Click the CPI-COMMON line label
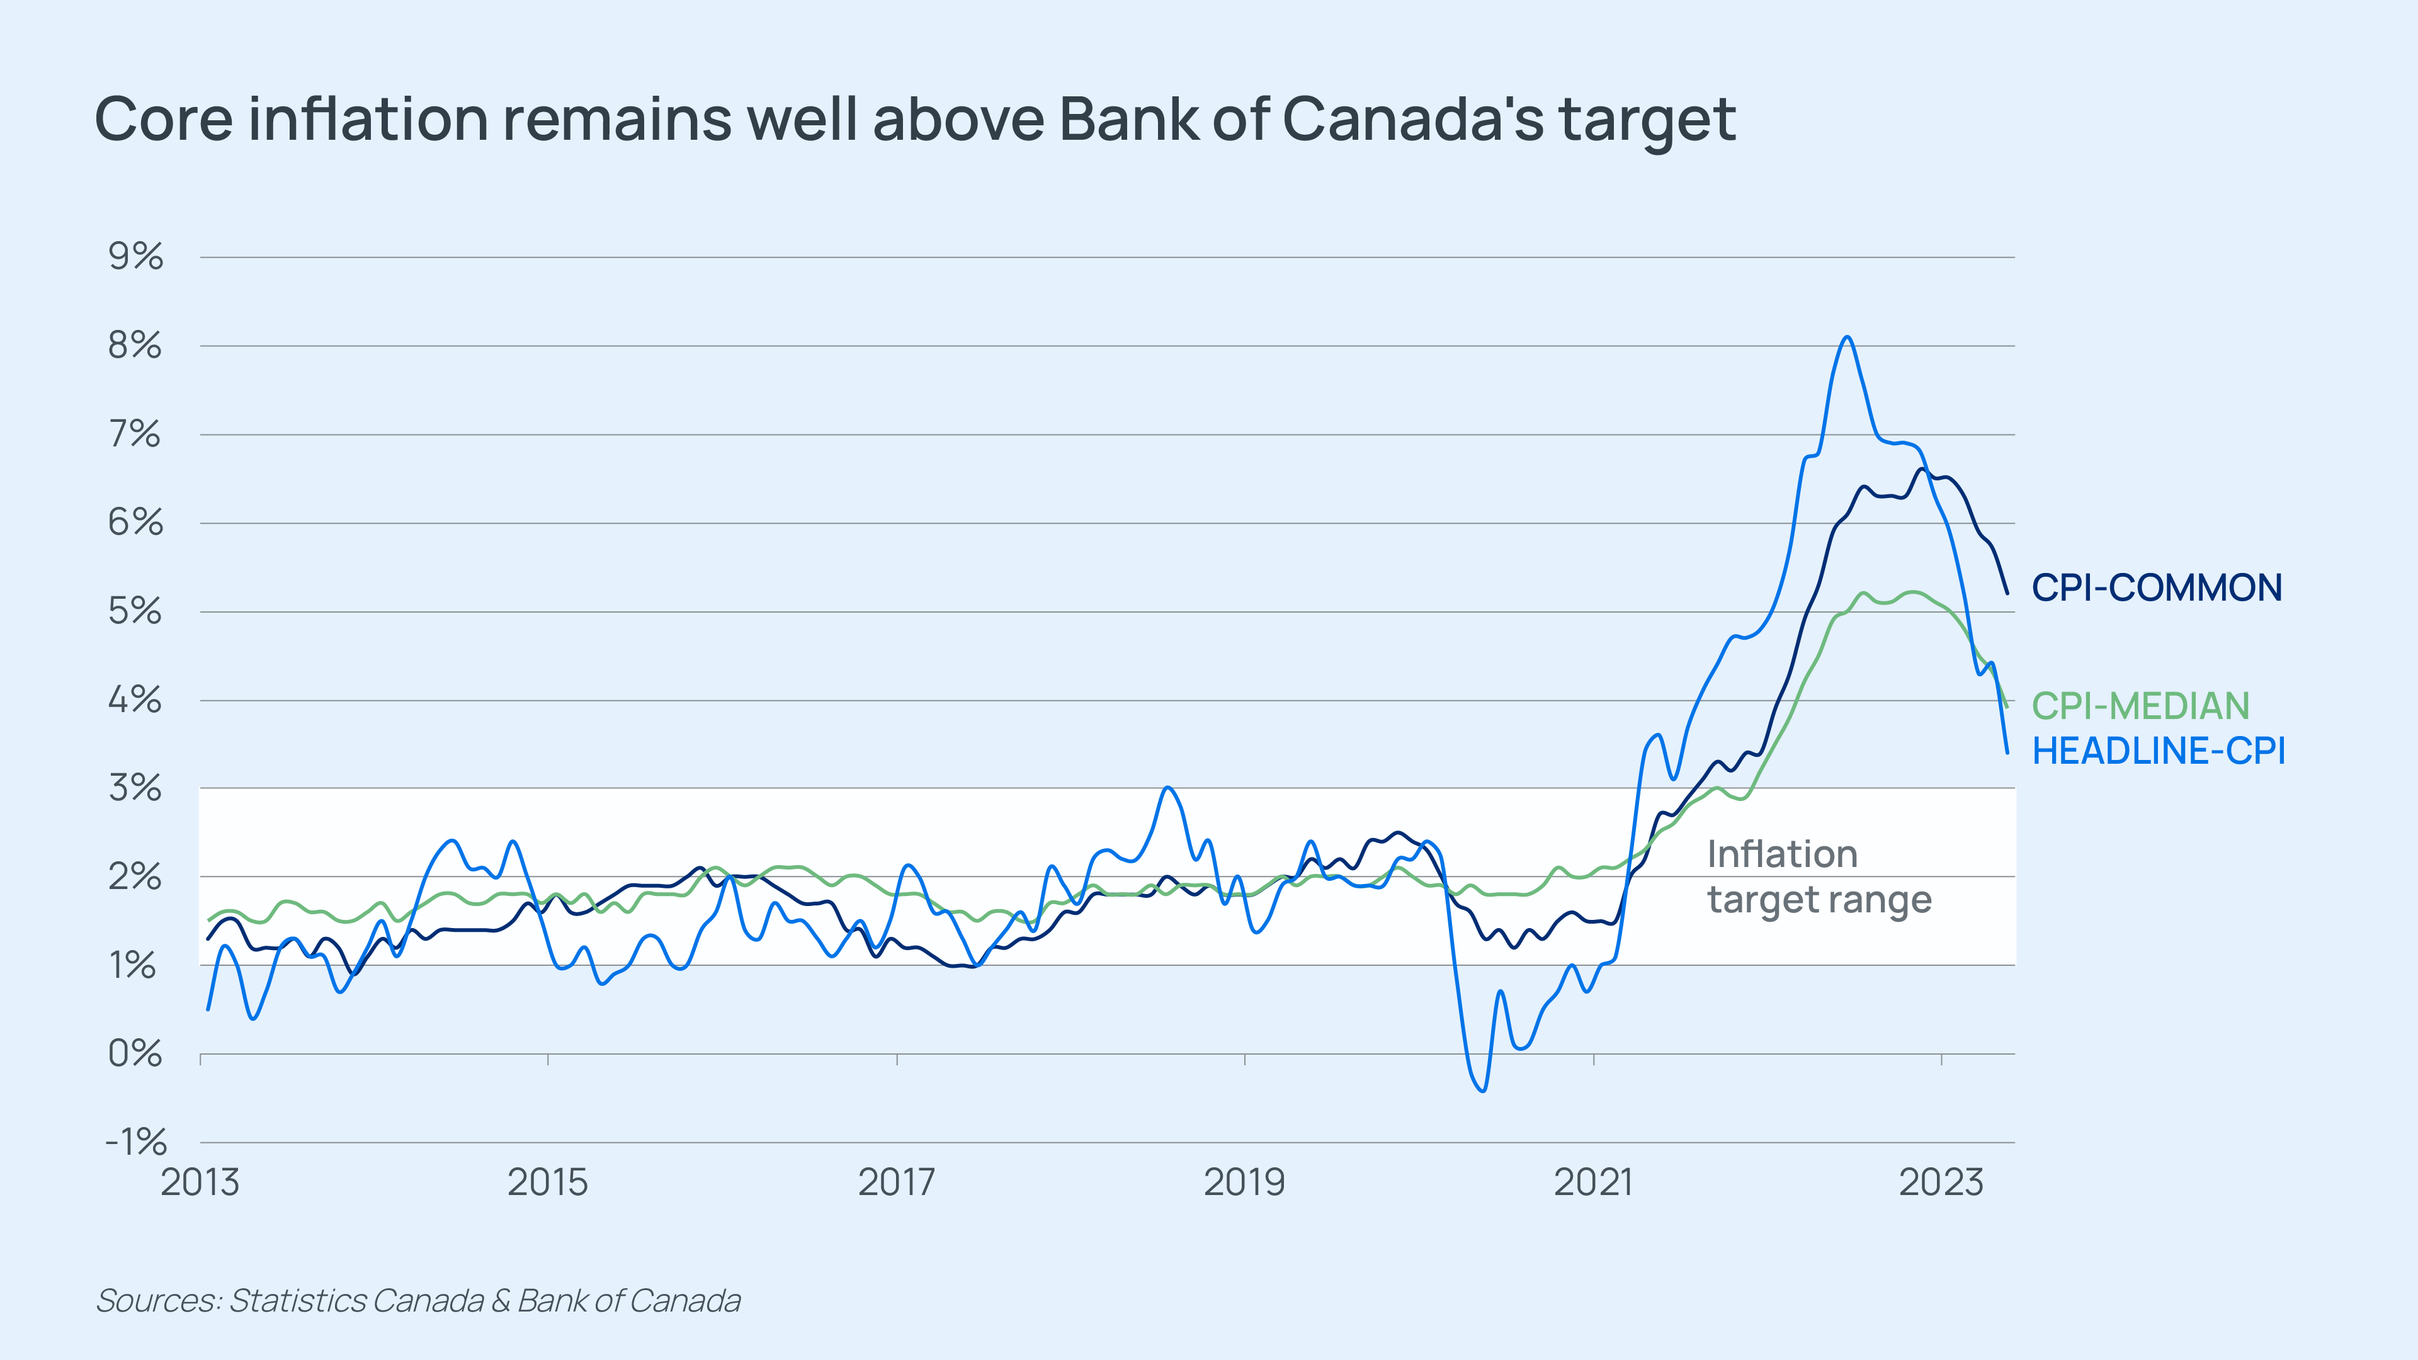[x=2156, y=589]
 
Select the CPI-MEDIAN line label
[x=2140, y=706]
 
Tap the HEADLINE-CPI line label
[x=2158, y=751]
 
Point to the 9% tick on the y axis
[x=136, y=256]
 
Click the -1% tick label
[x=136, y=1142]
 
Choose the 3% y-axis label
[x=136, y=788]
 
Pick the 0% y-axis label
[x=136, y=1054]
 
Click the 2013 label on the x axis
[x=200, y=1182]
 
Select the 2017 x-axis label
[x=897, y=1182]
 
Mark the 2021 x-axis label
[x=1593, y=1182]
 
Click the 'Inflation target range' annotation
[x=1818, y=876]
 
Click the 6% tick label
[x=136, y=523]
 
